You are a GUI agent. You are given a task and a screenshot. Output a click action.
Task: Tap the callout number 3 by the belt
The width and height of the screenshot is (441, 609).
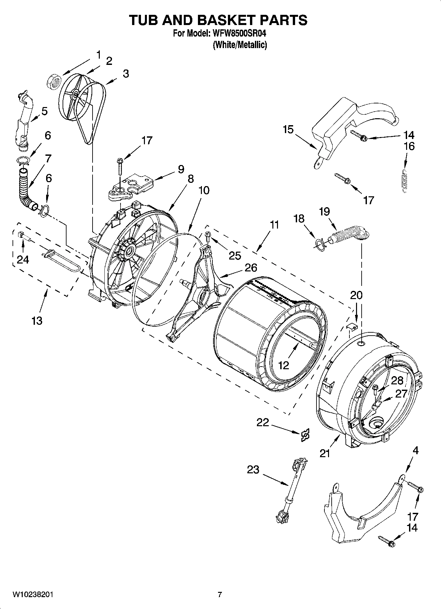pos(126,74)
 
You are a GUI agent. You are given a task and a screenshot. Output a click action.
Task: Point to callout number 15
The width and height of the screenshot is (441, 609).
pos(288,129)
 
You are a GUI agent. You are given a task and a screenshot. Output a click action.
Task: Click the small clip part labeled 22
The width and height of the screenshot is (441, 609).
pos(305,435)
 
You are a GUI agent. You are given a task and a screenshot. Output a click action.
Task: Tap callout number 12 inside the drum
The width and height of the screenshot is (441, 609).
pos(283,365)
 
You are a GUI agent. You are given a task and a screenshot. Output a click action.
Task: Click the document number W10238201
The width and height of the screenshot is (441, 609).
pos(33,595)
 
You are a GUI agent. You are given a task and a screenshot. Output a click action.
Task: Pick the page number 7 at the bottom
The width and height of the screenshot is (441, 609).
pos(220,595)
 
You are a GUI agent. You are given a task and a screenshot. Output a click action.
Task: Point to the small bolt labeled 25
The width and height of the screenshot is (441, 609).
pos(208,235)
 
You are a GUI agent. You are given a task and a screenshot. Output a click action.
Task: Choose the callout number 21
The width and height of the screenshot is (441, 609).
pos(325,453)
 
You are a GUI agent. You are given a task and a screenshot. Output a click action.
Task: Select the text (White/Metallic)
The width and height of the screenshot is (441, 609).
pos(239,45)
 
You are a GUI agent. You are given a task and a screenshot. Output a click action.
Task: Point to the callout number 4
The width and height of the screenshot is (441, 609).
pos(415,451)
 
